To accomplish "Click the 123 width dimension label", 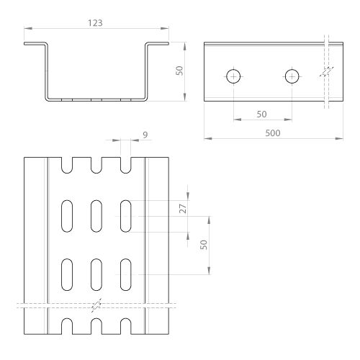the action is point(95,23).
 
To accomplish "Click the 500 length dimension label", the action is point(273,133).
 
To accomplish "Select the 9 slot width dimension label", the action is point(145,135).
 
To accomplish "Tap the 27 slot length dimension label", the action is point(183,209).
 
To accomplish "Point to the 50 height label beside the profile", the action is point(179,71).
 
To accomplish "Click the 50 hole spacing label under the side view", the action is point(261,114).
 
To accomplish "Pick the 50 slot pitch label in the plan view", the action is point(204,245).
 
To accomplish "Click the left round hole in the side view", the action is point(233,76).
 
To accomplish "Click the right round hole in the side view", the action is point(292,76).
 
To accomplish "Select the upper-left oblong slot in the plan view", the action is point(67,216).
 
